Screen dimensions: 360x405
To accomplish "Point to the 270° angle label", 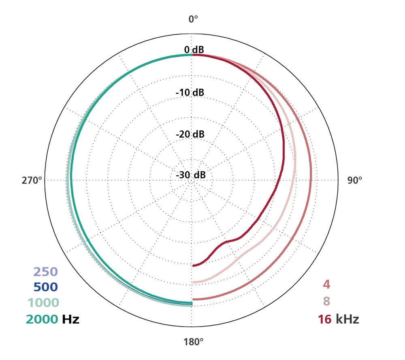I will tap(32, 181).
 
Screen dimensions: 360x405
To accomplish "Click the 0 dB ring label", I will tap(194, 50).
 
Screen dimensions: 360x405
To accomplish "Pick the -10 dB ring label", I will tap(190, 92).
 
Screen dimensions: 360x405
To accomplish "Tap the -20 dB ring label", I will tap(190, 134).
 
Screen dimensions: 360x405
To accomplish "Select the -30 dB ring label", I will tap(190, 175).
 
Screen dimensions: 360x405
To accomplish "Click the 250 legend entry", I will tap(45, 272).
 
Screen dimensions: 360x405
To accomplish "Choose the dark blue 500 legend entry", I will tap(45, 287).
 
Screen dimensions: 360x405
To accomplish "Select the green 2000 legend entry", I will tap(42, 319).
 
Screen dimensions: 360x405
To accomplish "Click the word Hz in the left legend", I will tap(70, 319).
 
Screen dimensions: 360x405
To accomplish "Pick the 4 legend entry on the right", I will tap(326, 285).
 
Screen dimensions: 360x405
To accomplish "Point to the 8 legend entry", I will tap(326, 302).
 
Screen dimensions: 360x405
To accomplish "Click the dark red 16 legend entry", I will tap(324, 319).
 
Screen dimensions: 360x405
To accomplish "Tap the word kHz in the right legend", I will tap(347, 319).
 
